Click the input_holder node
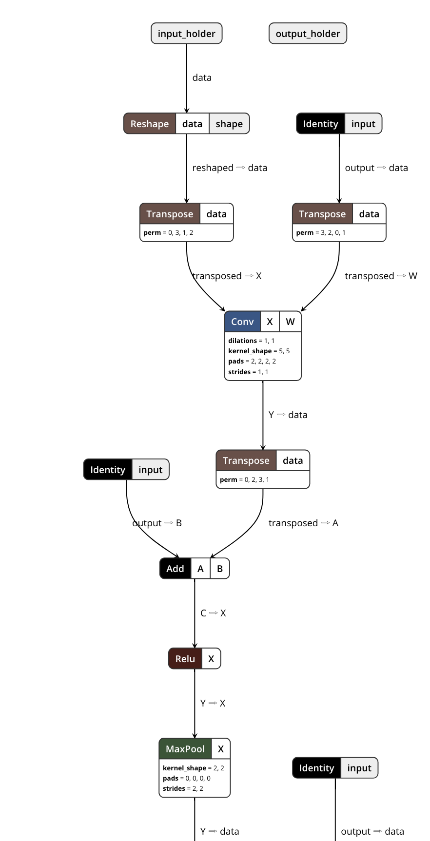pyautogui.click(x=186, y=34)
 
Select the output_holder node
pyautogui.click(x=308, y=34)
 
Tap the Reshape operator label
pyautogui.click(x=149, y=124)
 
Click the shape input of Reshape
pyautogui.click(x=229, y=124)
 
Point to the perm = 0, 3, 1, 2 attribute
pyautogui.click(x=168, y=232)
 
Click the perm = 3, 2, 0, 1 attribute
pyautogui.click(x=321, y=232)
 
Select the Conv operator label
pyautogui.click(x=242, y=322)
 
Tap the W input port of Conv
pyautogui.click(x=290, y=322)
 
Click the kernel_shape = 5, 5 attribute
pyautogui.click(x=259, y=351)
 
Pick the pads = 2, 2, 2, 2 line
pyautogui.click(x=252, y=361)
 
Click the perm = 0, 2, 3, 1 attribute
pyautogui.click(x=244, y=479)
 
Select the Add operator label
pyautogui.click(x=175, y=569)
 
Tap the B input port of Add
pyautogui.click(x=220, y=569)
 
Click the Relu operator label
pyautogui.click(x=185, y=659)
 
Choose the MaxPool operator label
pyautogui.click(x=185, y=749)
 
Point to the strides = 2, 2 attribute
pyautogui.click(x=183, y=788)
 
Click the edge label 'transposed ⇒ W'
pyautogui.click(x=381, y=276)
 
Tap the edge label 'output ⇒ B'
pyautogui.click(x=157, y=523)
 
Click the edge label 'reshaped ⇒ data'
pyautogui.click(x=230, y=168)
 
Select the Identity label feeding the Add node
pyautogui.click(x=108, y=470)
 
